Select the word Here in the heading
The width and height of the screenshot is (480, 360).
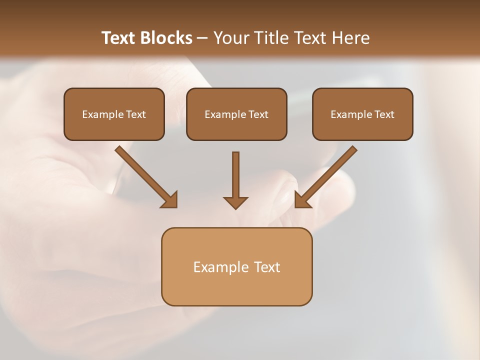[349, 38]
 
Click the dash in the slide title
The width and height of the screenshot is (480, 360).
[202, 38]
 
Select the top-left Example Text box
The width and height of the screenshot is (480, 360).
[114, 114]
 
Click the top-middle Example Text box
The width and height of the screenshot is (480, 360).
[236, 114]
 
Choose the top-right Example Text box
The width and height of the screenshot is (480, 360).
[362, 114]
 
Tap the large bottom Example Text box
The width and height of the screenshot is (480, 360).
[236, 266]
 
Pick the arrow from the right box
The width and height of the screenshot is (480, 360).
[327, 175]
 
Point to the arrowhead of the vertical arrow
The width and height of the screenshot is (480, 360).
[235, 202]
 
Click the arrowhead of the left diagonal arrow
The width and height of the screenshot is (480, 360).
[170, 200]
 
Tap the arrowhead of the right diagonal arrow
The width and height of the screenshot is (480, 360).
[302, 200]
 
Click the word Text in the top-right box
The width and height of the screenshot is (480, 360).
[384, 114]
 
